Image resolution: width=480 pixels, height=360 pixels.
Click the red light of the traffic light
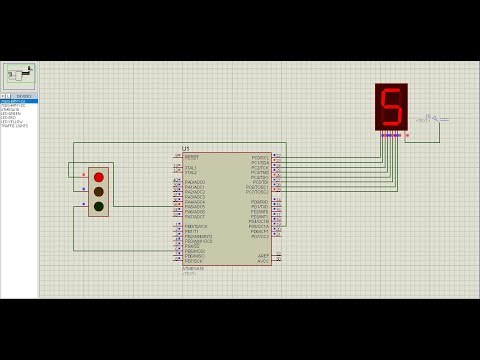coord(98,177)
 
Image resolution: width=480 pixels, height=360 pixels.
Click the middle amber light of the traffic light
coord(98,191)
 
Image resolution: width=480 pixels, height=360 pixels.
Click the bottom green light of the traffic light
coord(98,206)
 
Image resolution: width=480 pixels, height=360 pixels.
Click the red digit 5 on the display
coord(391,106)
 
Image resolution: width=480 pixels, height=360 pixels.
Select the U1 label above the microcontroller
coord(185,149)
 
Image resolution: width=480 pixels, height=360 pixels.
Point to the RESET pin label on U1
coord(192,157)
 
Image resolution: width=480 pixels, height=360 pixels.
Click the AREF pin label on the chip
coord(263,255)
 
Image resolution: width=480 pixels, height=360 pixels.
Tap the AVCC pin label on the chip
coord(263,260)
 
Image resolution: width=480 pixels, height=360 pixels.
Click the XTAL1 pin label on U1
coord(191,167)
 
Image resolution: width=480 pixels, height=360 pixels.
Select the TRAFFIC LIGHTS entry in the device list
coord(15,126)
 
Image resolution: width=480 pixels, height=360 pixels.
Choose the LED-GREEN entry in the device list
coord(12,114)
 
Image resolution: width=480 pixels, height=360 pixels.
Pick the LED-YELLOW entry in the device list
coord(12,122)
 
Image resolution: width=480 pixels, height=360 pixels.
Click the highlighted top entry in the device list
coord(18,101)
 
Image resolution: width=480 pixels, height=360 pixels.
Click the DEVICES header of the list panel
coord(24,96)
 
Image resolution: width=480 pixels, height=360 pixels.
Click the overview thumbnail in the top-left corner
coord(19,75)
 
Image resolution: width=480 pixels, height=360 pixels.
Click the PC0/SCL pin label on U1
coord(260,157)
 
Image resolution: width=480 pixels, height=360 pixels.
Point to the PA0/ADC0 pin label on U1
coord(195,182)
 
